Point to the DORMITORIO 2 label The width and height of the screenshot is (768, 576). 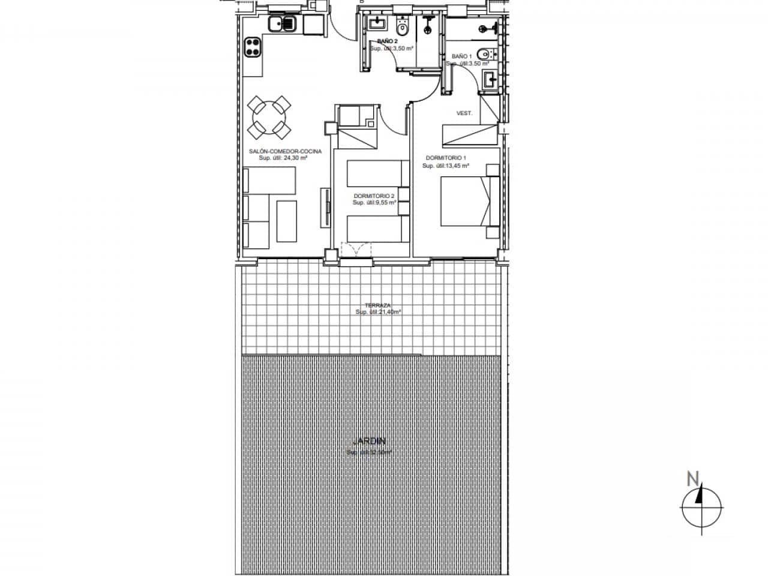tap(374, 196)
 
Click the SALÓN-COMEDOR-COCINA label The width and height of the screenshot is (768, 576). tap(285, 151)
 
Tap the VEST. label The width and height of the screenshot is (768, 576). tap(464, 113)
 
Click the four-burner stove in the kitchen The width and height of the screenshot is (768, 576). tap(253, 48)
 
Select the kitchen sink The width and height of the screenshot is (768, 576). tap(281, 25)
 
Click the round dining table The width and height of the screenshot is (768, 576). tap(269, 116)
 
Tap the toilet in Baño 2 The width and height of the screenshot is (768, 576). tap(403, 27)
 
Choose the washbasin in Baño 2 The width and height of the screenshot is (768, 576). tap(377, 23)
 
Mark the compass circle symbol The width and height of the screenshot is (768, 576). tap(701, 508)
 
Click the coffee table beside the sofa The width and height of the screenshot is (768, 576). tap(286, 221)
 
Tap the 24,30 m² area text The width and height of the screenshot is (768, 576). tap(283, 158)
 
